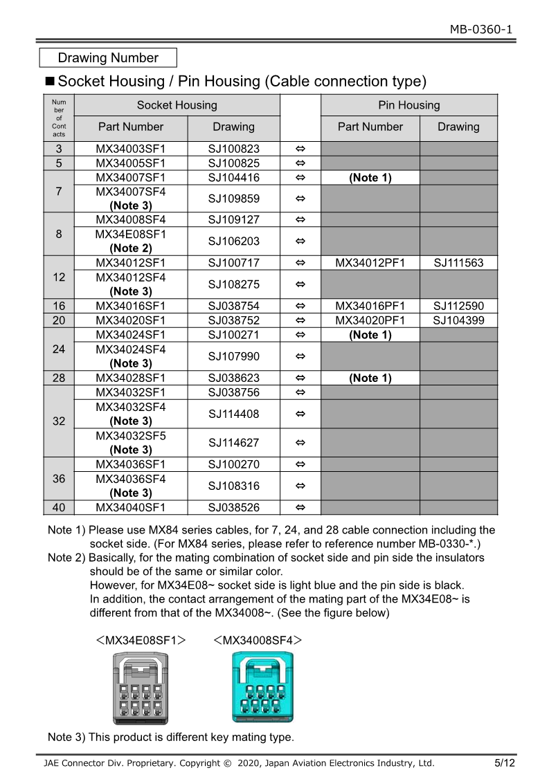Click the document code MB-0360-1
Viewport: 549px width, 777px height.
click(481, 29)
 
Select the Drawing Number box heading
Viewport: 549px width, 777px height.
click(108, 58)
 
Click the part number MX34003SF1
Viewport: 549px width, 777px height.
click(131, 148)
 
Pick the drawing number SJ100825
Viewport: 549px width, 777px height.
click(233, 163)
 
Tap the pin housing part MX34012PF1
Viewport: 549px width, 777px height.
click(370, 263)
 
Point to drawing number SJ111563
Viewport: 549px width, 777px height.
click(458, 263)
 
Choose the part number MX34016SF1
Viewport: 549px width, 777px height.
click(131, 306)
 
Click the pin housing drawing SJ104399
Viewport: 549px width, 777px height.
click(458, 320)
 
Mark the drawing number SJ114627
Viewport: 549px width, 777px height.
click(233, 443)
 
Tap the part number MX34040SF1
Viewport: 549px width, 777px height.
click(131, 507)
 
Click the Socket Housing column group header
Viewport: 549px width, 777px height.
click(177, 105)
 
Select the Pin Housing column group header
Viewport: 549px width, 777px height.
click(408, 105)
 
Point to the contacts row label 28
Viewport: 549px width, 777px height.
click(59, 378)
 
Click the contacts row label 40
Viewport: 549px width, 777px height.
click(59, 507)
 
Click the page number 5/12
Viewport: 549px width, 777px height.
click(504, 763)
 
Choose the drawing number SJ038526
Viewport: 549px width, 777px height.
click(233, 507)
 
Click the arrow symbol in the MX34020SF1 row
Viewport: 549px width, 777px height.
click(300, 320)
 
